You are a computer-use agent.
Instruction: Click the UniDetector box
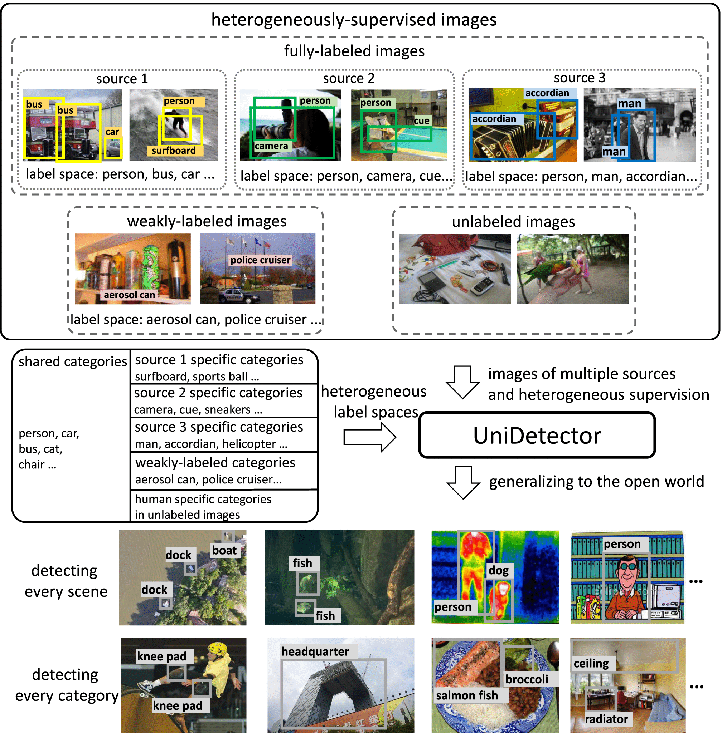(537, 435)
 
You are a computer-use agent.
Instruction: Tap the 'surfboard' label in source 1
(174, 151)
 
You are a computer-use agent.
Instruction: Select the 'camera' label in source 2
(271, 146)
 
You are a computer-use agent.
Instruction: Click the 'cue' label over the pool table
(421, 121)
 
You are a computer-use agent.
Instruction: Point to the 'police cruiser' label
(260, 260)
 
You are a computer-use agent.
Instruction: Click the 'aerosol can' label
(129, 295)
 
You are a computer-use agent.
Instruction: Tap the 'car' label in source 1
(112, 132)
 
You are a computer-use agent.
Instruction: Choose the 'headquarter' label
(315, 651)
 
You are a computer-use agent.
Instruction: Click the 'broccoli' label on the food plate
(527, 679)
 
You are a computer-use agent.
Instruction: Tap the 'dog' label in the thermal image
(498, 571)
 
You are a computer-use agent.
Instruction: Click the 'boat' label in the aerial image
(224, 550)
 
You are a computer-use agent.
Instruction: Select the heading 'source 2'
(349, 78)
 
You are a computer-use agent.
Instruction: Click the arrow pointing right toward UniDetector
(370, 437)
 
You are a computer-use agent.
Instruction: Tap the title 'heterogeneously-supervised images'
(353, 20)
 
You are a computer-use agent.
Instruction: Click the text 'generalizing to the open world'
(596, 482)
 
